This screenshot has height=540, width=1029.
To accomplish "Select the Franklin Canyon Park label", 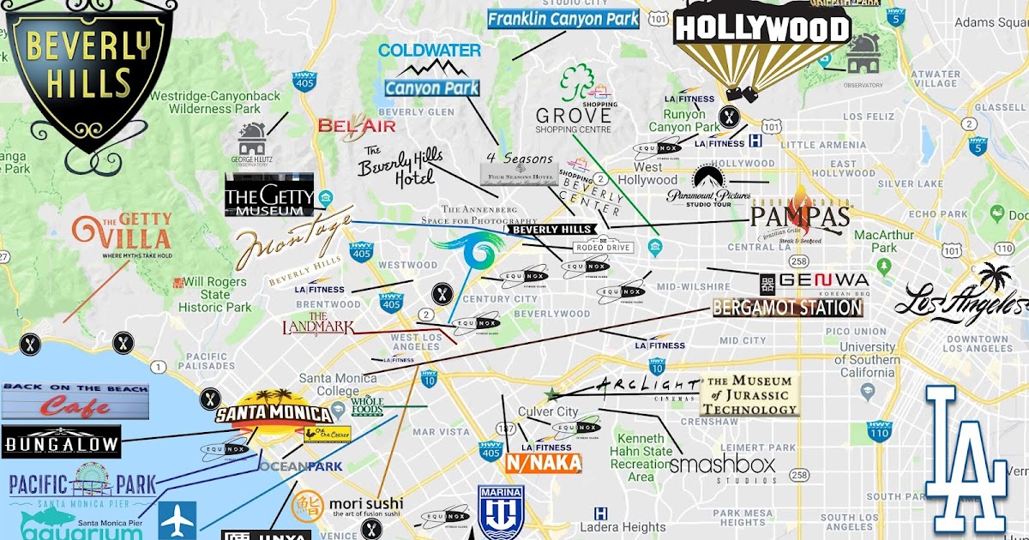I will click(563, 18).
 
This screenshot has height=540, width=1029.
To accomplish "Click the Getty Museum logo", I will click(269, 196).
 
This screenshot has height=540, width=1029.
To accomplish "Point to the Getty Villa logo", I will click(122, 236).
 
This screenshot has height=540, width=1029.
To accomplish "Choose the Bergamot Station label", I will click(787, 308).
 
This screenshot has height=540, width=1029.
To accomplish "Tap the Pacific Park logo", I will click(82, 485).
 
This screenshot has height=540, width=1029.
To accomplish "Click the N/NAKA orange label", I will click(544, 463).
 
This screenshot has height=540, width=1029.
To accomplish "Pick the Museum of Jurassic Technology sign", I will click(750, 395).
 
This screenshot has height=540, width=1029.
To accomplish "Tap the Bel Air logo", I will click(357, 126).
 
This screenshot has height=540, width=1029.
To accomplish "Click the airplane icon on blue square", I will click(178, 519).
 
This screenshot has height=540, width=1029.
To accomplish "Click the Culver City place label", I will click(548, 411).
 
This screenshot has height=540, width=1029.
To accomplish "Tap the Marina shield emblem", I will click(501, 512).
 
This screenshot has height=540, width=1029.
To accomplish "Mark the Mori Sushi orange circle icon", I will click(308, 506).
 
